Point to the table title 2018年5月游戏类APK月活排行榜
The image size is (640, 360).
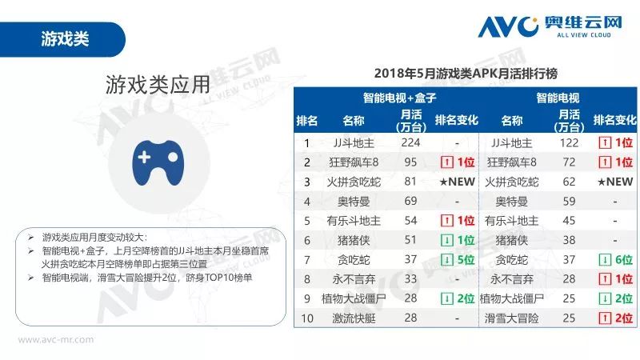pyautogui.click(x=465, y=74)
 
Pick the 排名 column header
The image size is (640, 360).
pyautogui.click(x=307, y=121)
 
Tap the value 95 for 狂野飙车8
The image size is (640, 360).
pyautogui.click(x=410, y=162)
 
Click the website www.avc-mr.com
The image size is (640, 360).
pyautogui.click(x=56, y=339)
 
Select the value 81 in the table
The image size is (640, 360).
pyautogui.click(x=410, y=182)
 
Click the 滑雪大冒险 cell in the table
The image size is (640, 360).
pyautogui.click(x=511, y=318)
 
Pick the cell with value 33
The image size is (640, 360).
pyautogui.click(x=410, y=279)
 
